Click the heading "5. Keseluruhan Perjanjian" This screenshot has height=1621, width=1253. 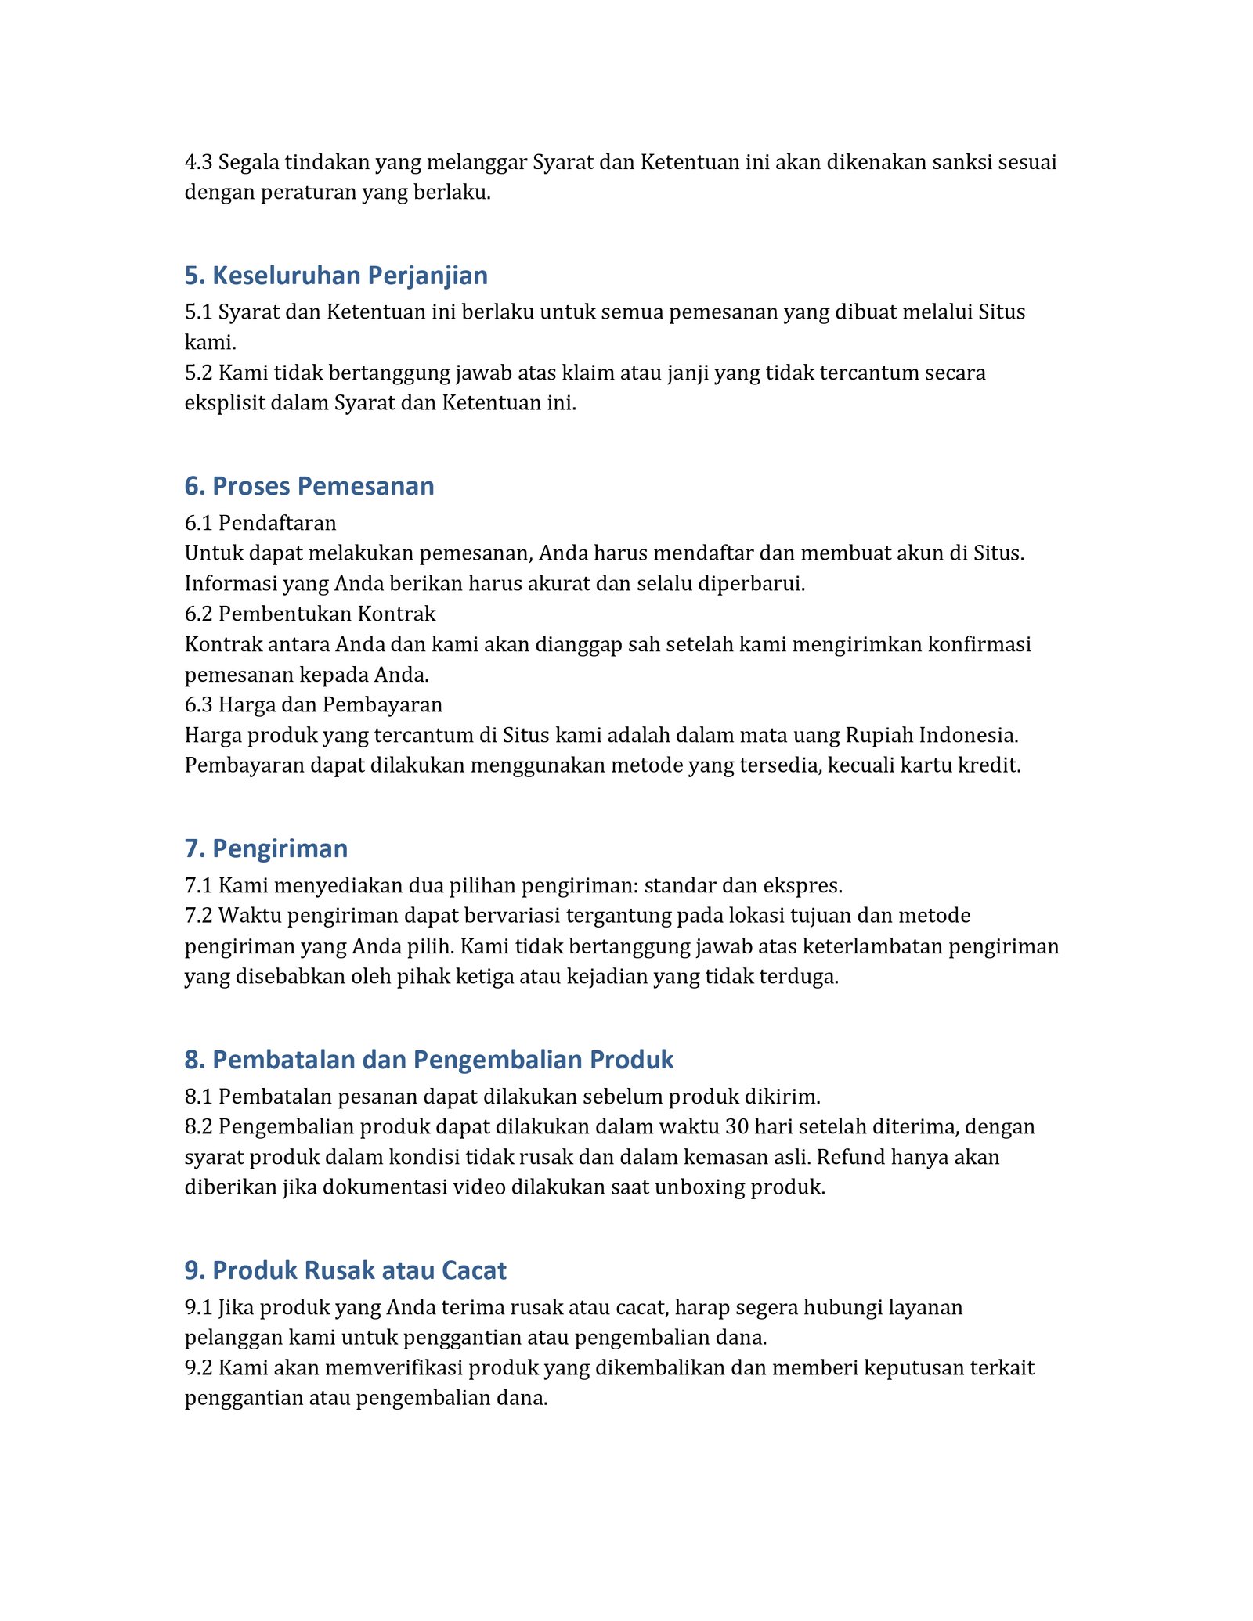tap(336, 276)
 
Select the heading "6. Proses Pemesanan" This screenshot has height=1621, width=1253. tap(309, 486)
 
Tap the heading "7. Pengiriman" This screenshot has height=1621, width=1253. tap(266, 848)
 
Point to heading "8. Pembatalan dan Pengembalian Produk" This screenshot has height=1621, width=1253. tap(428, 1060)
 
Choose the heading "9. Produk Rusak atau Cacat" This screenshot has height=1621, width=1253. tap(345, 1270)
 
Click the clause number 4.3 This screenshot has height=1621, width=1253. tap(198, 163)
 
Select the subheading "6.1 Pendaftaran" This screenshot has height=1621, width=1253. tap(260, 523)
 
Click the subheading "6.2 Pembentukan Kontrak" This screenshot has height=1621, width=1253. tap(309, 614)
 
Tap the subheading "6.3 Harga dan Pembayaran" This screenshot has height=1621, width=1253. tap(313, 705)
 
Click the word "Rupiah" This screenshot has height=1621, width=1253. tap(877, 736)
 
